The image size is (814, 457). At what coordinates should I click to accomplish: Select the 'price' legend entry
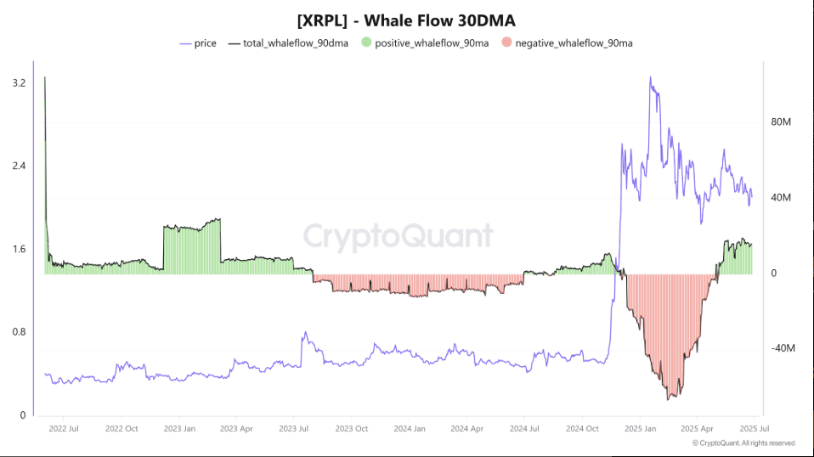(x=205, y=42)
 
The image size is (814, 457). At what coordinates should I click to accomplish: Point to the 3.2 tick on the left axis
(x=18, y=83)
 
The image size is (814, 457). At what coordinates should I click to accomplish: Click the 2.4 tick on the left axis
(x=18, y=166)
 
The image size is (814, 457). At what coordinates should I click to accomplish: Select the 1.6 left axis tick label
(x=18, y=249)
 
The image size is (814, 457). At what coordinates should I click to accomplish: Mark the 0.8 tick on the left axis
(x=18, y=332)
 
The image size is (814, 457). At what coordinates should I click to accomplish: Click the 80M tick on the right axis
(x=781, y=122)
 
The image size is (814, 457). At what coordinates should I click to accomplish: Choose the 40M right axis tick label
(x=781, y=198)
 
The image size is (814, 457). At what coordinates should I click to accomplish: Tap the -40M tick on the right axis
(x=781, y=348)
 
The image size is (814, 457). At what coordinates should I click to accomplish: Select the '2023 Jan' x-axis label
(x=178, y=429)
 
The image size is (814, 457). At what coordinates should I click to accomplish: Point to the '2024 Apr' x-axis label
(x=466, y=429)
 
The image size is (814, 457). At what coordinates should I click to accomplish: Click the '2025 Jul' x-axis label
(x=755, y=429)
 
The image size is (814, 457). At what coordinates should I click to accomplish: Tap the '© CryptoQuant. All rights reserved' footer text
(x=743, y=443)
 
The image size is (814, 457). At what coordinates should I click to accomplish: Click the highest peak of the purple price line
(x=650, y=77)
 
